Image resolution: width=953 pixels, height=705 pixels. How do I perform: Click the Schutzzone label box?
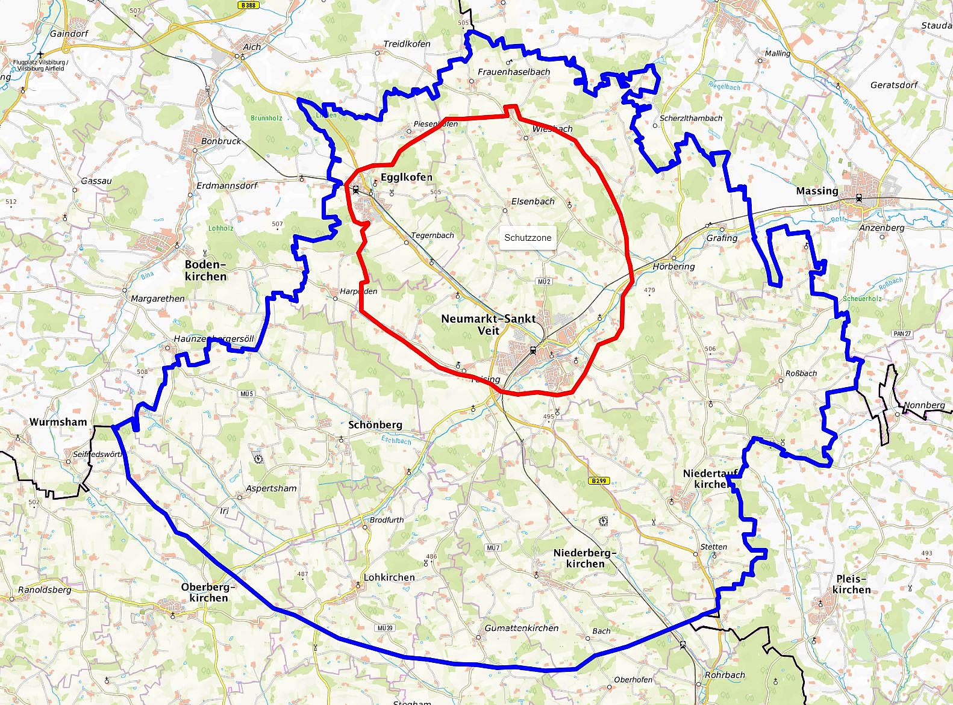[x=528, y=238]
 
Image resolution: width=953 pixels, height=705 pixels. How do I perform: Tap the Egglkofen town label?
[x=406, y=177]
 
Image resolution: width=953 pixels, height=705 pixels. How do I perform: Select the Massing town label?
[x=817, y=191]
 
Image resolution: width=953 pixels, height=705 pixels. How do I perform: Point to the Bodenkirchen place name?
[x=205, y=270]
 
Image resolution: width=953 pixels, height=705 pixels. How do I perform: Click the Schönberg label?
[x=375, y=424]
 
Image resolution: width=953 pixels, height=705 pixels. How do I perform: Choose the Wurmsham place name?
[x=58, y=421]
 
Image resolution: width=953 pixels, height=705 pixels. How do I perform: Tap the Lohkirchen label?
[x=389, y=577]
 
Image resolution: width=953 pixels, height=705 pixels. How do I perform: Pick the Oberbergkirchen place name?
[x=208, y=592]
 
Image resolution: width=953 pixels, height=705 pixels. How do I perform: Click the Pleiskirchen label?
[x=851, y=584]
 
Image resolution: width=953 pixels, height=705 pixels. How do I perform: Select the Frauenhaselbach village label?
[x=514, y=72]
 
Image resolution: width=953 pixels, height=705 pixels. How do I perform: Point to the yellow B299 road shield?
[x=599, y=480]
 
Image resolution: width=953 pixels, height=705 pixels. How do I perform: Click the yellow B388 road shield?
[x=248, y=5]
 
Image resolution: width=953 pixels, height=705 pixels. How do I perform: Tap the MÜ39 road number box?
[x=385, y=628]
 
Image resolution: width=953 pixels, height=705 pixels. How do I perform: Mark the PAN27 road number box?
[x=902, y=334]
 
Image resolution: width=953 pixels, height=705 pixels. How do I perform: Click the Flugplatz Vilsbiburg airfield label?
[x=40, y=65]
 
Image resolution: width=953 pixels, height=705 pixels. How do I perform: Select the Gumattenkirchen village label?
[x=522, y=628]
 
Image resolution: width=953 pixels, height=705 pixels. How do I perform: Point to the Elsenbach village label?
[x=533, y=201]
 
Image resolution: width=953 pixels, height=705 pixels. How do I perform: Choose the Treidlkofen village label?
[x=407, y=44]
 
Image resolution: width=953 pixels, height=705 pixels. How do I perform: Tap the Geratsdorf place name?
[x=893, y=85]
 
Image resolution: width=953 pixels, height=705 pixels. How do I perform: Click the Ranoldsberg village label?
[x=45, y=589]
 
